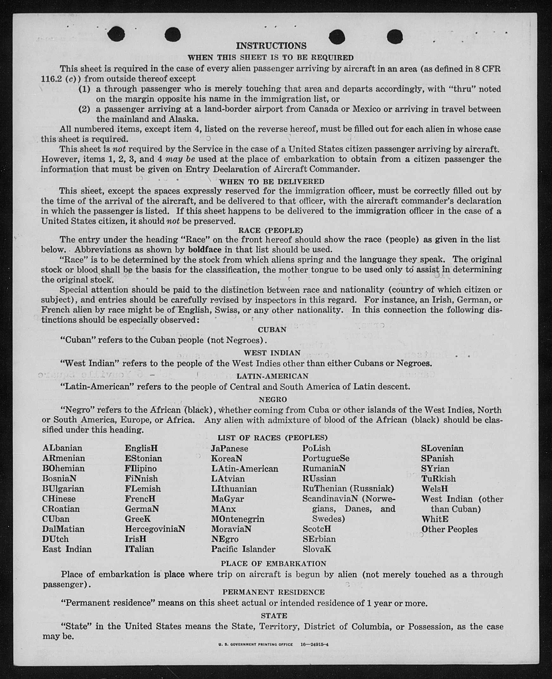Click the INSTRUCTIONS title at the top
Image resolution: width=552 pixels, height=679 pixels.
click(x=271, y=46)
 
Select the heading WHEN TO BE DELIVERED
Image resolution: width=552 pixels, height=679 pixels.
click(x=271, y=182)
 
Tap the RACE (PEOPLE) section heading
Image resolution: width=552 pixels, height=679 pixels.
click(x=270, y=230)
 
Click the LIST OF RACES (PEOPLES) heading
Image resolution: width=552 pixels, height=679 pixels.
click(x=272, y=438)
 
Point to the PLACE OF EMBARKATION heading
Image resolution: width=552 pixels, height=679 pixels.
click(x=273, y=564)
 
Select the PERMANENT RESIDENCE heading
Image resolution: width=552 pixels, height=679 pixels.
click(x=273, y=592)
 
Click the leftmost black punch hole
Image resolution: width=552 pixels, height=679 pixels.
click(x=116, y=34)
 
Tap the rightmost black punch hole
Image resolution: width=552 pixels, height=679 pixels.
click(x=395, y=36)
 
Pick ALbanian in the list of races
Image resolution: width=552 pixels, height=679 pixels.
click(x=62, y=448)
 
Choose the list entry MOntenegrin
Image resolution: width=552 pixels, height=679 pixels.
click(x=237, y=519)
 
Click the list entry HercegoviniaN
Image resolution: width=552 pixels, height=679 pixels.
click(x=155, y=529)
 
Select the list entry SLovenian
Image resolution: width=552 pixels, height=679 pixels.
click(x=442, y=448)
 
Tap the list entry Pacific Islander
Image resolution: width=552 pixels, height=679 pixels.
click(x=243, y=549)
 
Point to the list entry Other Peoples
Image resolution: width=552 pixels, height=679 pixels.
click(x=449, y=529)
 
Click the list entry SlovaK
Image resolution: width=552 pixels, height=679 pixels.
click(x=317, y=549)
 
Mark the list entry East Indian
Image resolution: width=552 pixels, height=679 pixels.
click(x=67, y=549)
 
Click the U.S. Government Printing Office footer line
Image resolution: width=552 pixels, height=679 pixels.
click(x=273, y=645)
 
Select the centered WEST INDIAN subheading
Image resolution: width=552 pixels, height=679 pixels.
click(x=272, y=353)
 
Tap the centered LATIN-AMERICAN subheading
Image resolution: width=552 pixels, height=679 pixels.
click(x=272, y=376)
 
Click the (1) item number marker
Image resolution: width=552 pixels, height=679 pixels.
click(x=84, y=89)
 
